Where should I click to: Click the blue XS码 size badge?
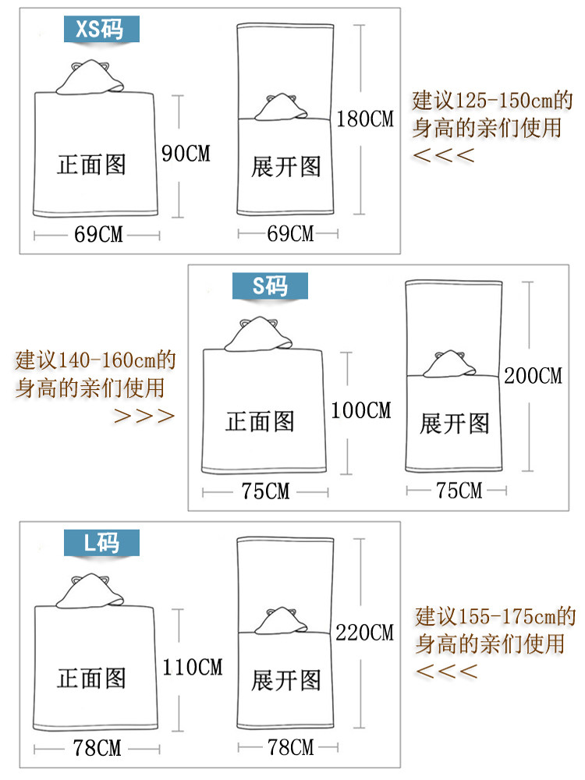(x=102, y=29)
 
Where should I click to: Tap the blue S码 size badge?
(x=271, y=286)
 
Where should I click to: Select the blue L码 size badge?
(x=102, y=542)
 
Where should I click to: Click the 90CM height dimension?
(x=185, y=154)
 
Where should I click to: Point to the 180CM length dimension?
(x=365, y=119)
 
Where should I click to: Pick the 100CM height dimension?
(x=361, y=409)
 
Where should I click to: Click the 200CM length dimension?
(x=534, y=375)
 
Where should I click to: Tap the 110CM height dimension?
(x=193, y=667)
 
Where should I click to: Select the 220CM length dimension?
(x=365, y=633)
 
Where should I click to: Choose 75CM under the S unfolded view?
(x=459, y=491)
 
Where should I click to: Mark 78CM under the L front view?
(x=97, y=748)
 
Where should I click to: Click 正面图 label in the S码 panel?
(x=260, y=422)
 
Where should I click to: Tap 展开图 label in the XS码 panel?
(x=285, y=166)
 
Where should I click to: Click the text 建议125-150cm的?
(x=492, y=101)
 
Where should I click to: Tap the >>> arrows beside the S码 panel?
(x=144, y=415)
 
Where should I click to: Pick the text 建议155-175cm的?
(x=495, y=617)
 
